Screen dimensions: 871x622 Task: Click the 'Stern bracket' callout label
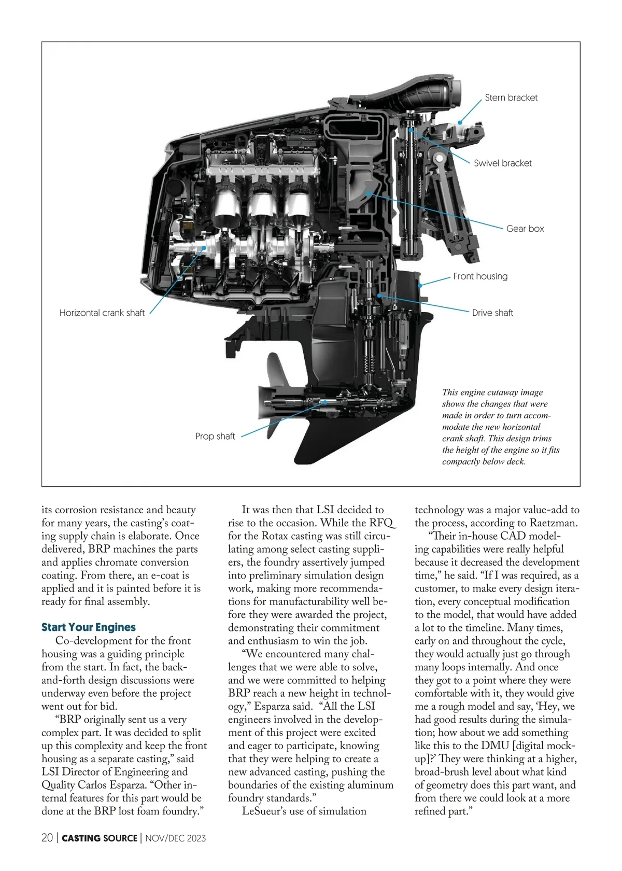point(511,97)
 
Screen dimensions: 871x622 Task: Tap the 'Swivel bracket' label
point(502,163)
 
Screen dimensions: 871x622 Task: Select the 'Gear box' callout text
point(525,229)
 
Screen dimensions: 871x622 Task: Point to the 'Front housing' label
point(480,276)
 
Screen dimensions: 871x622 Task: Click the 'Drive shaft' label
point(492,313)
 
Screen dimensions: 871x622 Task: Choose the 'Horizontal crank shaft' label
point(102,313)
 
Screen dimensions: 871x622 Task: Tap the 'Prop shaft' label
point(215,436)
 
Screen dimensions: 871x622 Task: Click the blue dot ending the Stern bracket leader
point(460,123)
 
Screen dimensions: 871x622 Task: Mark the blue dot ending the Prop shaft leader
point(325,402)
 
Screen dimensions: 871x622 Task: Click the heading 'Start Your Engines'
point(89,627)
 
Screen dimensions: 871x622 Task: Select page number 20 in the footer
point(47,838)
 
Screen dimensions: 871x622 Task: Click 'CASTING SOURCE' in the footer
point(100,838)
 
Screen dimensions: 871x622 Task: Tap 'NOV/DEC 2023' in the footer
point(176,838)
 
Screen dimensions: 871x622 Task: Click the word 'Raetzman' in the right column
point(554,523)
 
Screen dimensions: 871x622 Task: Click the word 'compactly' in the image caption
point(461,461)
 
